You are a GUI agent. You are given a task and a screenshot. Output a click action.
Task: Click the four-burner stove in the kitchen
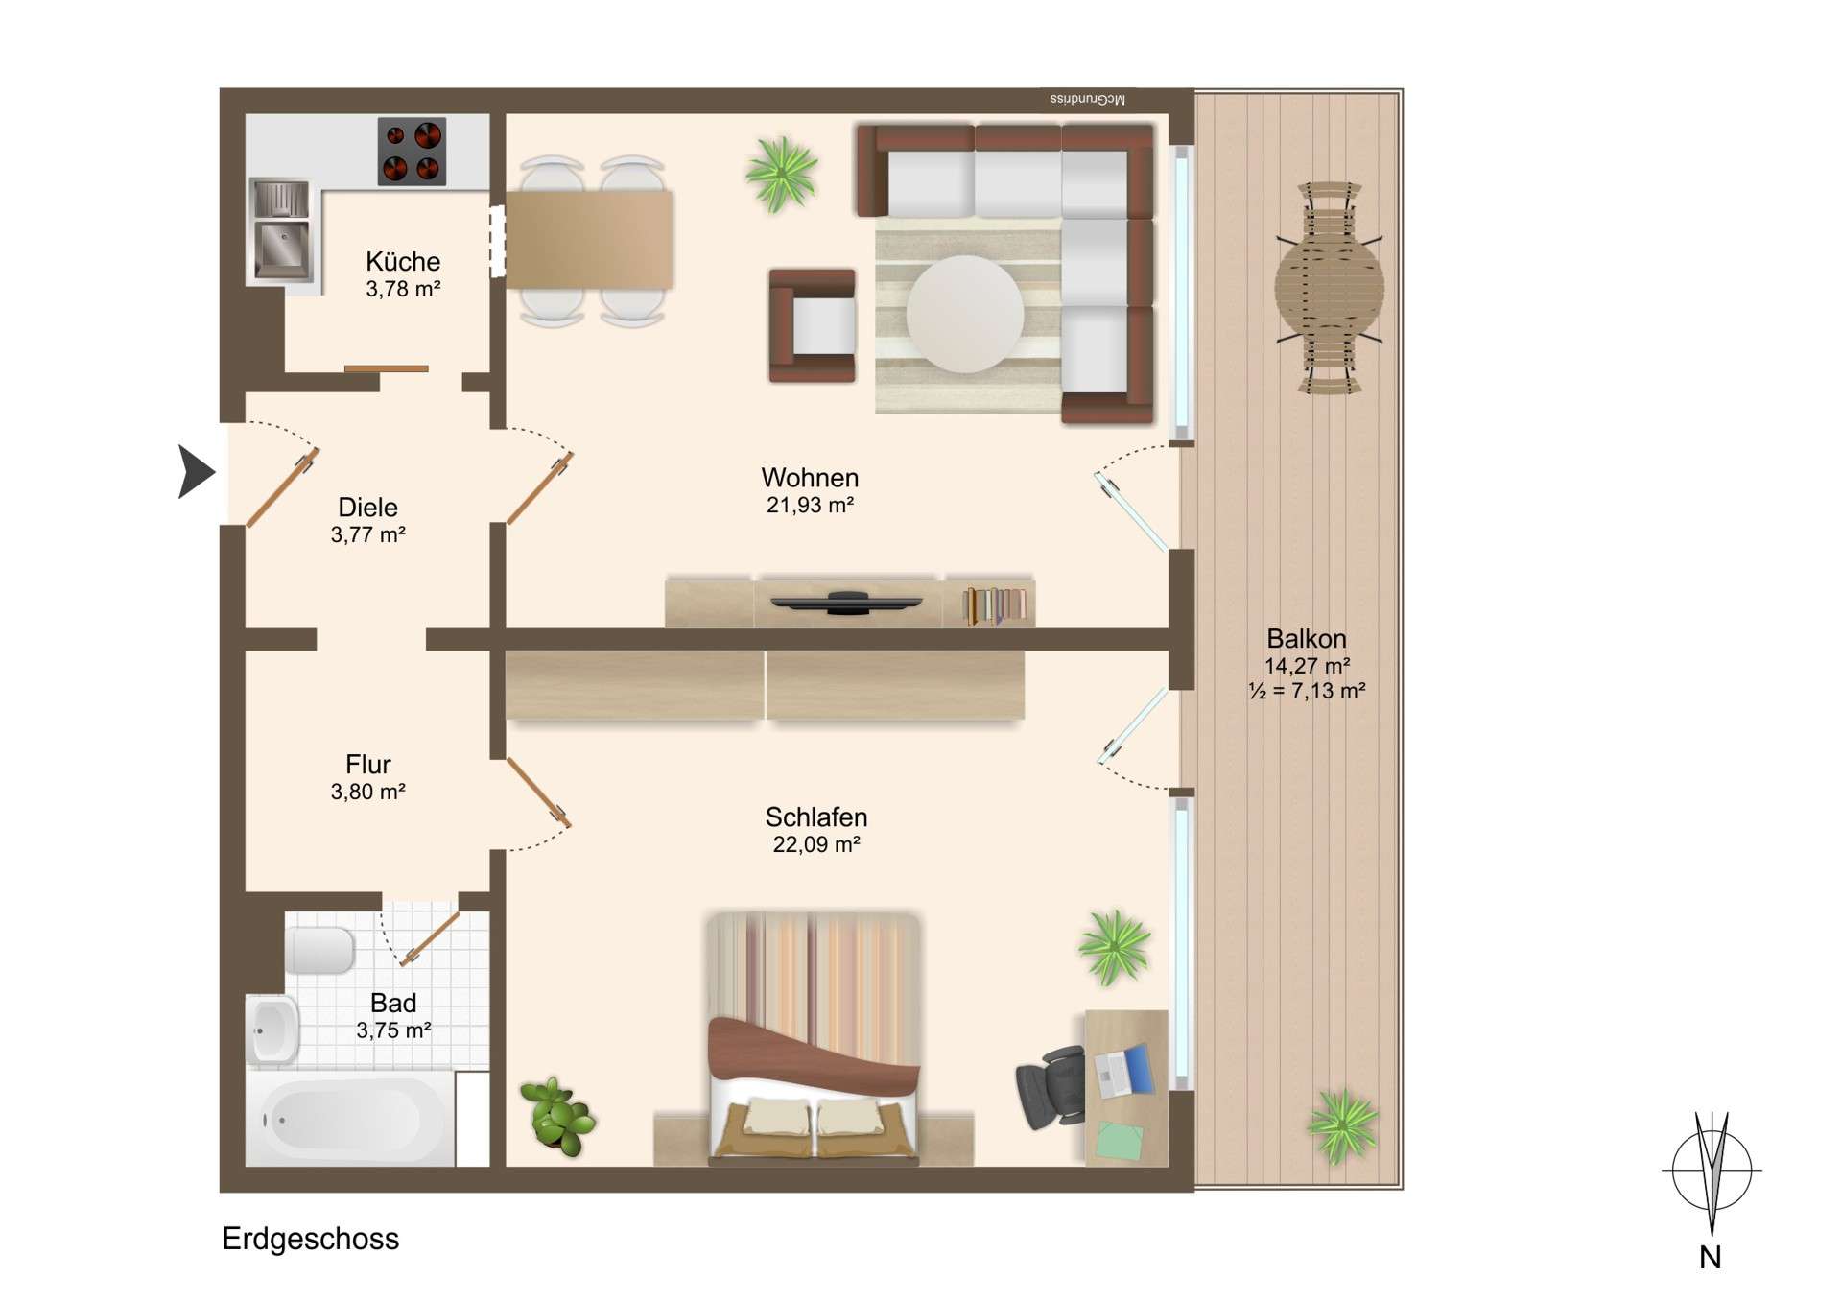(x=412, y=151)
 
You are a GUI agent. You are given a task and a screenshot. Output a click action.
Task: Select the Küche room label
(x=403, y=261)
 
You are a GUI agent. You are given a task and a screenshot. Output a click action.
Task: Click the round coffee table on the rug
(x=964, y=313)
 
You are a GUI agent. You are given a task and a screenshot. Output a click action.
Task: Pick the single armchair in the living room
(x=813, y=326)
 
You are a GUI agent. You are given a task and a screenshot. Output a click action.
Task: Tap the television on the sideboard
(x=846, y=603)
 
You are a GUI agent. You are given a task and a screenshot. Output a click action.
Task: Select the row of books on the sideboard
(x=994, y=605)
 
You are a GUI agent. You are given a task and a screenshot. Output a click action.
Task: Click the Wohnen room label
(x=810, y=478)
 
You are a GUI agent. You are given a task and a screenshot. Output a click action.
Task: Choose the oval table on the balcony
(x=1329, y=288)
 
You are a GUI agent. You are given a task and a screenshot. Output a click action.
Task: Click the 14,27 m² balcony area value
(x=1307, y=666)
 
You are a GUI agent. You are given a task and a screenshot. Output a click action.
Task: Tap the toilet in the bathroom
(x=320, y=950)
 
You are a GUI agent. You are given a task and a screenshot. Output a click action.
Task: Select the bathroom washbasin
(x=272, y=1030)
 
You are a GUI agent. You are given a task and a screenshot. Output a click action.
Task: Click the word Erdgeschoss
(x=310, y=1239)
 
